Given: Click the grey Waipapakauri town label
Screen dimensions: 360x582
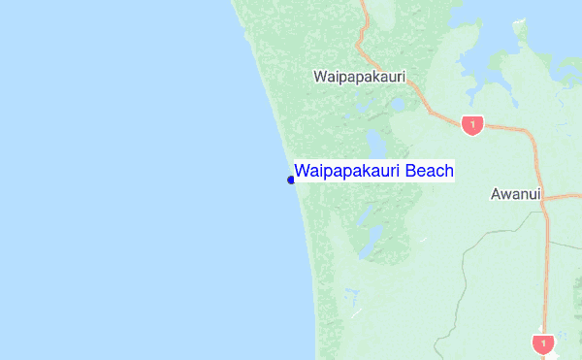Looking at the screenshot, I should [x=359, y=76].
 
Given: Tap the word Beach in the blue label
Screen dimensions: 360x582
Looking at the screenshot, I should [x=429, y=172].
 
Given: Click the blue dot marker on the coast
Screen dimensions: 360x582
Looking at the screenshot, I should [x=291, y=180].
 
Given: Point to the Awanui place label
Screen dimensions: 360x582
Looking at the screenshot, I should [x=514, y=194].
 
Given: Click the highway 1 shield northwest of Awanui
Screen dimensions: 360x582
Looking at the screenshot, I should [x=472, y=124].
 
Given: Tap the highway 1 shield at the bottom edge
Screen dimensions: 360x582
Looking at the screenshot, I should [x=543, y=344].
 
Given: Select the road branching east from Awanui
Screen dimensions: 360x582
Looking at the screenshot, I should [x=567, y=196].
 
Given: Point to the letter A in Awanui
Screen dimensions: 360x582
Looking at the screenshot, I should [x=496, y=194].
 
